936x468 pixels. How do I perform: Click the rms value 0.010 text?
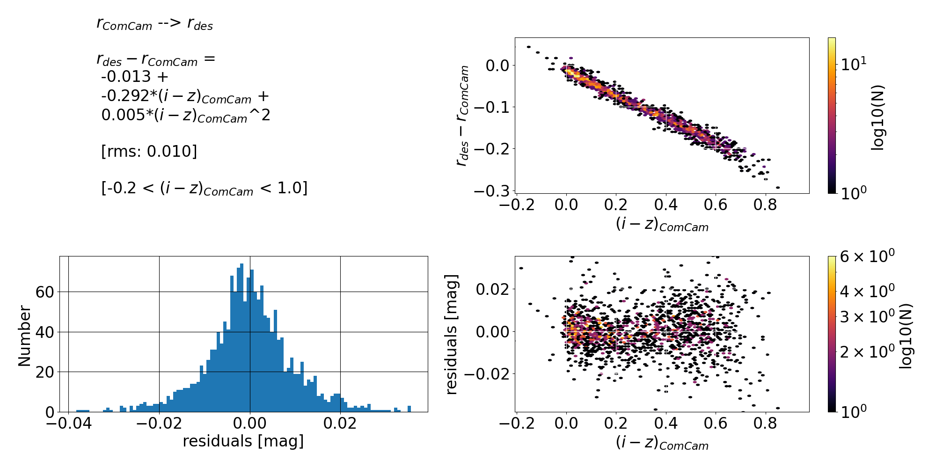pyautogui.click(x=171, y=152)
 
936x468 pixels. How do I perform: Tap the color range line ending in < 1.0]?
pyautogui.click(x=205, y=188)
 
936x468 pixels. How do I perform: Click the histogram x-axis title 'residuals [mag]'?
pyautogui.click(x=243, y=441)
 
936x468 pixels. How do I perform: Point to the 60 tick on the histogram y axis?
pyautogui.click(x=44, y=292)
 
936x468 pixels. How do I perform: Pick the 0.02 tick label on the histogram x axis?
pyautogui.click(x=340, y=424)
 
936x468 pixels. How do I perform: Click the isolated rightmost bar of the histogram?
pyautogui.click(x=409, y=409)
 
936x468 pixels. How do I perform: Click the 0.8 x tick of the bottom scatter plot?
pyautogui.click(x=765, y=424)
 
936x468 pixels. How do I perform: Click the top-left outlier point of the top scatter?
pyautogui.click(x=529, y=47)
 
